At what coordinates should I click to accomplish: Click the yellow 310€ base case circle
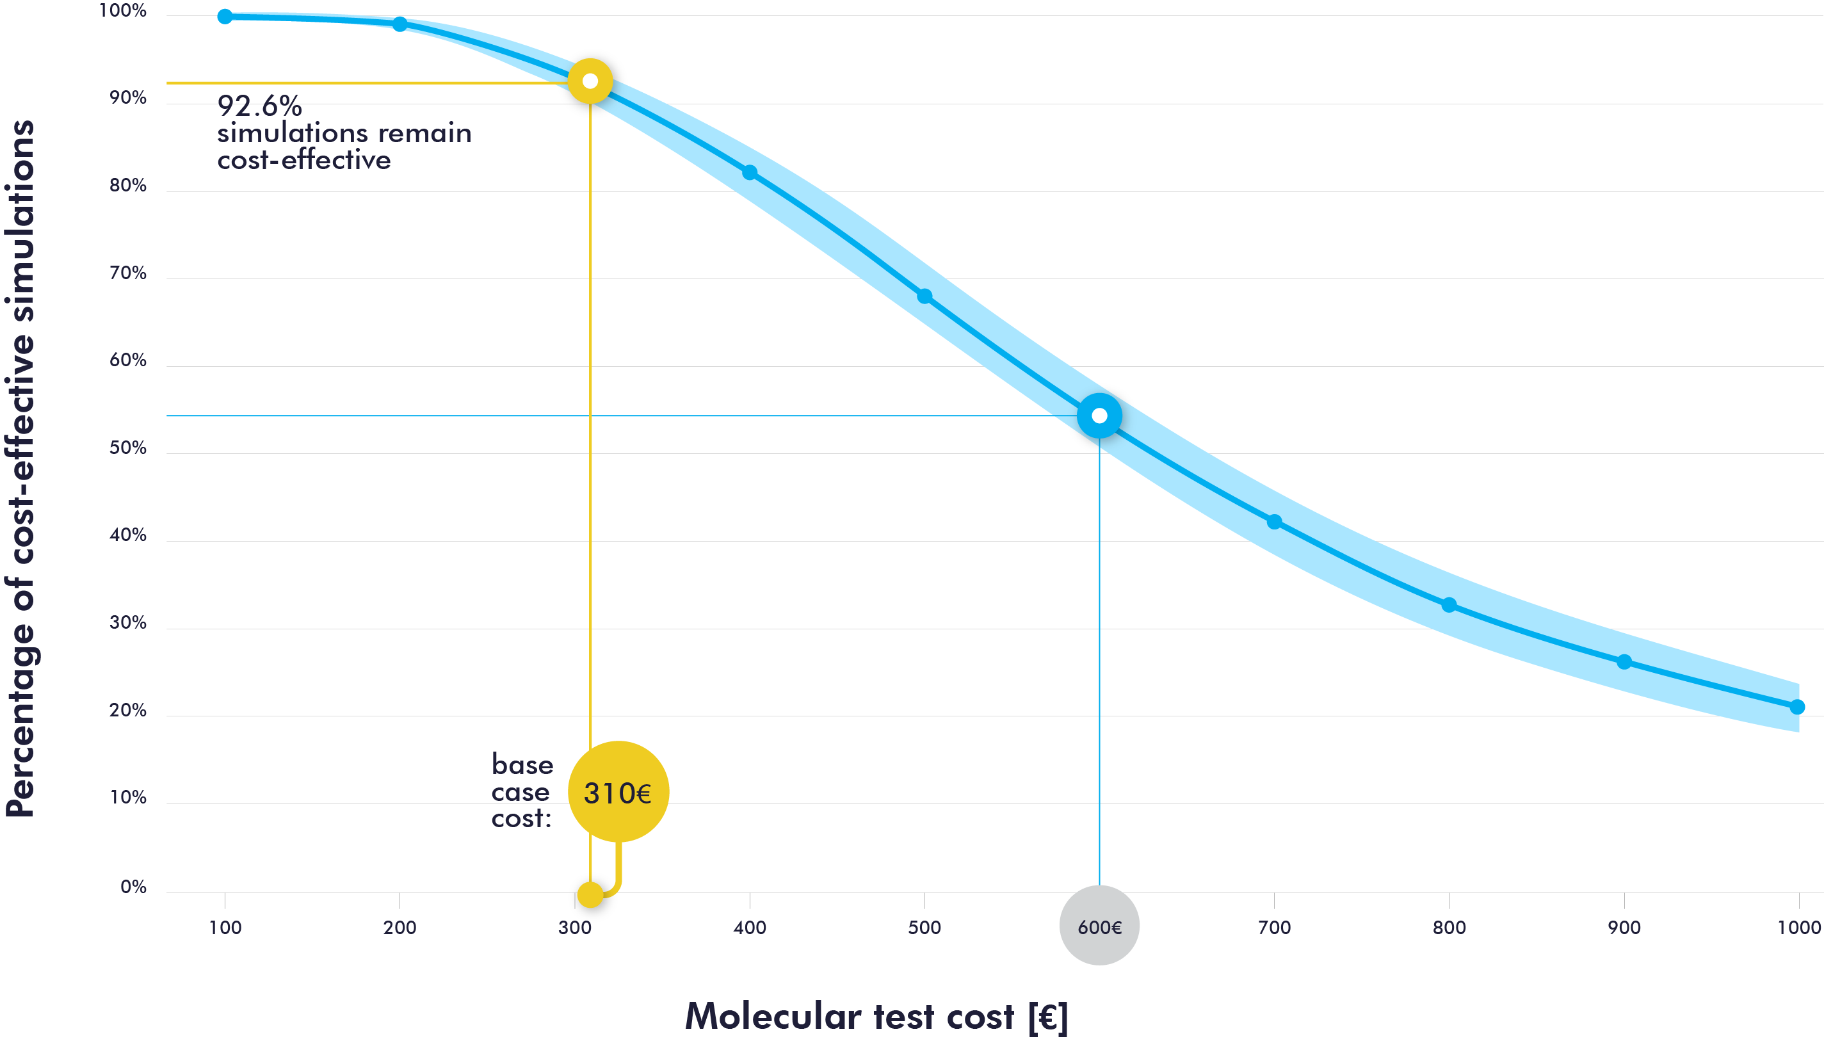618,792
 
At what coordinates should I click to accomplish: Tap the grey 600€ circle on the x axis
1099,925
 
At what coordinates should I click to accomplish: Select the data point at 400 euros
750,172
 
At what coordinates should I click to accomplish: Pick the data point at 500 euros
924,296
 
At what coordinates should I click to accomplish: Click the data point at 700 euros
1274,522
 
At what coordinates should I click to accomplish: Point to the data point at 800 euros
1449,605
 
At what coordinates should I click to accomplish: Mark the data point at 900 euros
1624,662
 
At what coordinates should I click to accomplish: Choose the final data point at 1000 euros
1798,707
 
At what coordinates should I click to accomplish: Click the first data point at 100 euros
225,17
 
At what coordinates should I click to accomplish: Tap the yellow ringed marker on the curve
590,81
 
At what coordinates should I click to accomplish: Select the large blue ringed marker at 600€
1099,416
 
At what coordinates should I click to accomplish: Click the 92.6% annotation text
259,107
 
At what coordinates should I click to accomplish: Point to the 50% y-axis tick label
127,448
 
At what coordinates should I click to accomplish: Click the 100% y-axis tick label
122,11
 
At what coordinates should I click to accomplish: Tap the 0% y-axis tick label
133,887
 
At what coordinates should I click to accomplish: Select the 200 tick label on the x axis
400,928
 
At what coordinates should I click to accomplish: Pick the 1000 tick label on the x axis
1798,928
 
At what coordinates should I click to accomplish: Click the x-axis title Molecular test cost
876,1017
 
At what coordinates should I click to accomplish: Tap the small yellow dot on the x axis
590,895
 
